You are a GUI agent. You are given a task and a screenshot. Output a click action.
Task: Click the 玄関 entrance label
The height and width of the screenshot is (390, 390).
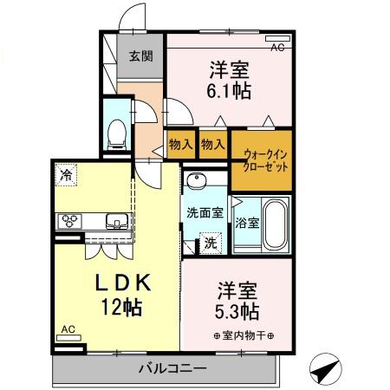coord(141,58)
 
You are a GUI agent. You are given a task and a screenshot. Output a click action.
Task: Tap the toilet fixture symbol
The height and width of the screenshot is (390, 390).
coord(116,132)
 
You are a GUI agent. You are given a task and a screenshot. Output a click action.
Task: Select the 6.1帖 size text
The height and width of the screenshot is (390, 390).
coord(230,88)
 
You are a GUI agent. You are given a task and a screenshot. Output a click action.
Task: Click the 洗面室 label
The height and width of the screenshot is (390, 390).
coord(205,212)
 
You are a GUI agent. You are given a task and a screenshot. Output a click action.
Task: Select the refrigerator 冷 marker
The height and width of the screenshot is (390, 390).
coord(67,176)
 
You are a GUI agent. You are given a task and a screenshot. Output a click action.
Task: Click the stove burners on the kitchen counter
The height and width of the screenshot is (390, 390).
coord(69,221)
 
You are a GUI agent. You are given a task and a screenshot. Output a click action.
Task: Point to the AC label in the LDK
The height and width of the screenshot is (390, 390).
coord(67,329)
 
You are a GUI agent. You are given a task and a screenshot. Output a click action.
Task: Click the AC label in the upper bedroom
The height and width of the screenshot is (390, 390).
coord(277,49)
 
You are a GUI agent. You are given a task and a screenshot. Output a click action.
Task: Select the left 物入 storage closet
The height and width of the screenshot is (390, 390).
coord(179,145)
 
